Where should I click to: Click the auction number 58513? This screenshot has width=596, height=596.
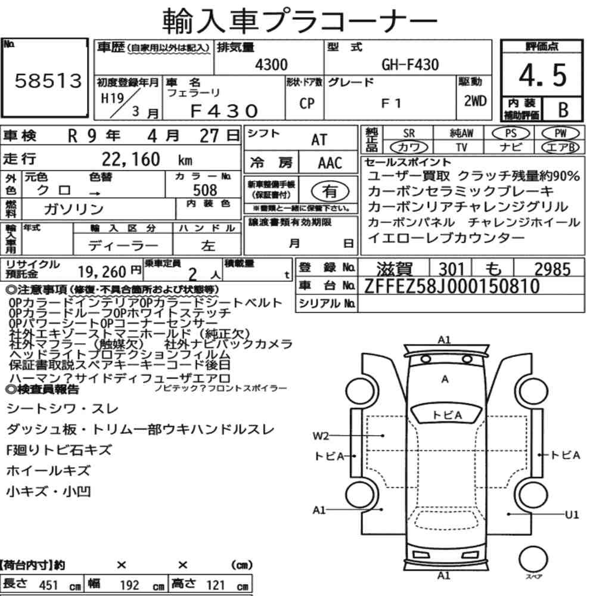48,80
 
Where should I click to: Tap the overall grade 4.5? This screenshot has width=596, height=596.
543,75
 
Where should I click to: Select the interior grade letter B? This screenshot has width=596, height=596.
563,110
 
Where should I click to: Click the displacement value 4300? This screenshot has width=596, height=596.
271,64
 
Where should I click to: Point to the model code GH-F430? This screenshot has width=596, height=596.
410,64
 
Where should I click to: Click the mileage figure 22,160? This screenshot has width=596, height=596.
131,159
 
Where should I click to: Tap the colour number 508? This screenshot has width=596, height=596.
205,190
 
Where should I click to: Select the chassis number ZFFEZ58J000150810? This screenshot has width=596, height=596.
452,286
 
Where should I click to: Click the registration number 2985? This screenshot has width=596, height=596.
552,269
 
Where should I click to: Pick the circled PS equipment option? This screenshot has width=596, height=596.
511,134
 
